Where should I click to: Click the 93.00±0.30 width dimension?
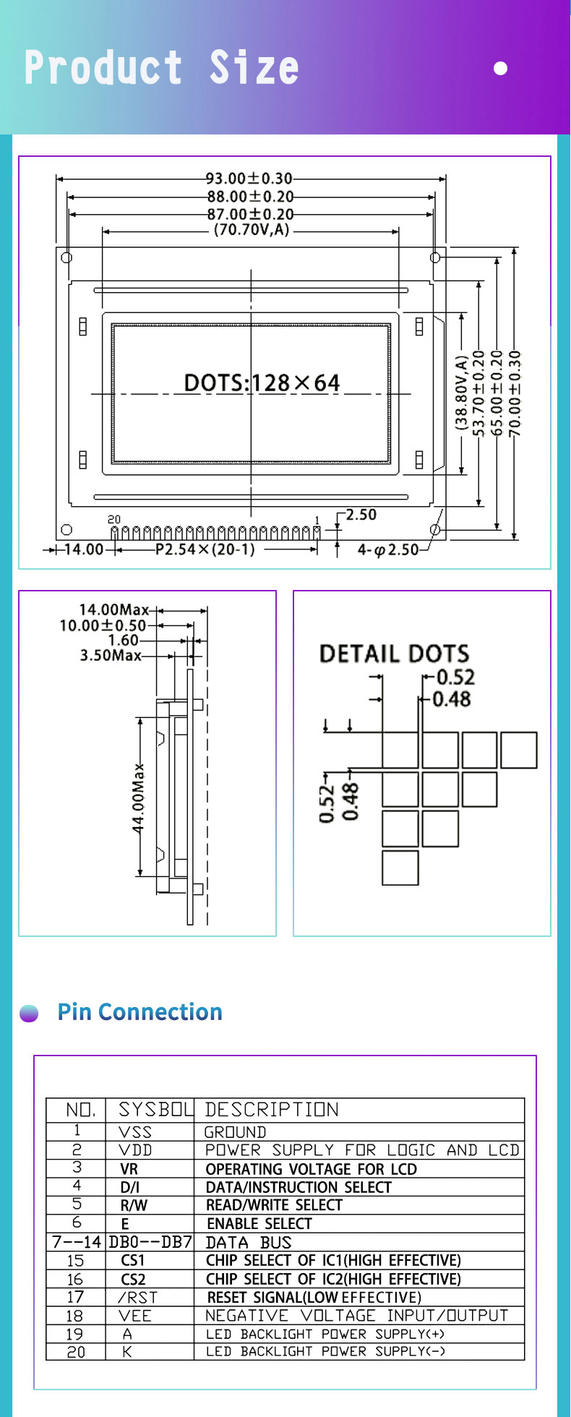coord(249,178)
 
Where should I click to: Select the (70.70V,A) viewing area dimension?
coord(251,231)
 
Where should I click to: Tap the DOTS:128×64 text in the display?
coord(262,382)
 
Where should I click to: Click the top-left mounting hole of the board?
coord(66,257)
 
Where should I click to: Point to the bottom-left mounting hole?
coord(66,530)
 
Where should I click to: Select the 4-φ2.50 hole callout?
coord(387,550)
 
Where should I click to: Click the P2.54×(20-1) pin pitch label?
coord(205,549)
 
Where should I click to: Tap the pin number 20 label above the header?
coord(114,519)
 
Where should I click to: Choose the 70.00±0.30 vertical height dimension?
coord(515,394)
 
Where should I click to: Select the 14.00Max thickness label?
coord(113,610)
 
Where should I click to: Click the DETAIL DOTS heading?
coord(394,654)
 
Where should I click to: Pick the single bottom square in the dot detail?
coord(400,868)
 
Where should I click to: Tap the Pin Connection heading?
coord(139,1012)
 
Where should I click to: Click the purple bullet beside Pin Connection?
coord(29,1014)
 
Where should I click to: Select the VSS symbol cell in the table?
coord(135,1131)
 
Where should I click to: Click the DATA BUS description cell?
coord(249,1242)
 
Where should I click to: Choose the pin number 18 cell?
coord(75,1316)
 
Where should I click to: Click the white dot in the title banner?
coord(500,69)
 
